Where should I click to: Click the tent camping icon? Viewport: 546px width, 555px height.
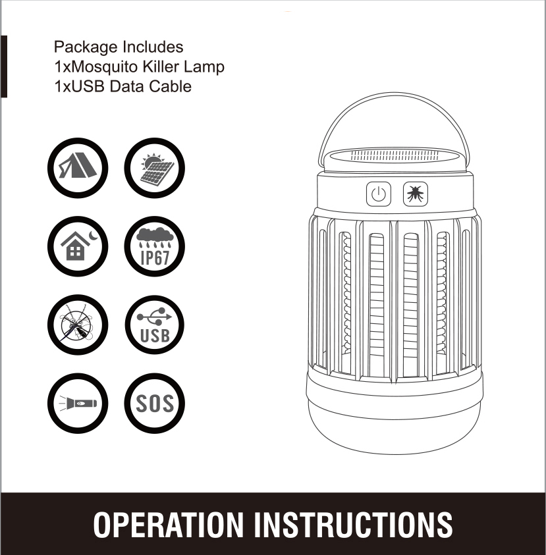tap(78, 168)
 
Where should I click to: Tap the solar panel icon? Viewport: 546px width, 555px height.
tap(154, 168)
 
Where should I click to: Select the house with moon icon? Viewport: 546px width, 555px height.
tap(78, 246)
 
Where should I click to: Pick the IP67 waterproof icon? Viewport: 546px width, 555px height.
tap(154, 246)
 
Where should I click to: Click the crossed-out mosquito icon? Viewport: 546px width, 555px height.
tap(78, 325)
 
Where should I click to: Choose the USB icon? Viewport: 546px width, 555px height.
tap(154, 325)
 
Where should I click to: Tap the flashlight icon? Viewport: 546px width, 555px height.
tap(78, 403)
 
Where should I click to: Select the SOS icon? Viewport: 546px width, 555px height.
tap(154, 403)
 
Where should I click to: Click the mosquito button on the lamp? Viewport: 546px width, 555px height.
tap(416, 194)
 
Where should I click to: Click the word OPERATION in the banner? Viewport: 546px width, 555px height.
tap(168, 525)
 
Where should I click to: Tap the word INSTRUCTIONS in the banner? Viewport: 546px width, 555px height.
tap(354, 525)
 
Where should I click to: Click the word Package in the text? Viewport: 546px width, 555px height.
tap(86, 47)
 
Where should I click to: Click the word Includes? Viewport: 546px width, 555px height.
tap(153, 47)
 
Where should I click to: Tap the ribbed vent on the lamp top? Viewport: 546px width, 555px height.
tap(394, 155)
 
